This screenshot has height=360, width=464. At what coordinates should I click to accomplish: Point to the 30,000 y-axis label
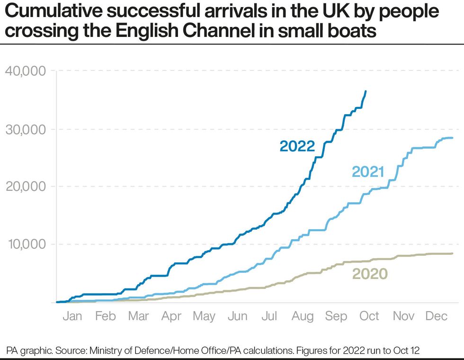25,129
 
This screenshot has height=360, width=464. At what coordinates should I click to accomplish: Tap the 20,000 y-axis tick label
25,186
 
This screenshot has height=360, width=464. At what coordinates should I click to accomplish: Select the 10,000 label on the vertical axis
25,244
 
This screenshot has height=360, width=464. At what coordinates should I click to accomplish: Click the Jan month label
72,316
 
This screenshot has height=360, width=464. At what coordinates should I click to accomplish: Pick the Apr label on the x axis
171,316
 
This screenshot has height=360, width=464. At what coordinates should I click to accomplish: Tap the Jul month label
270,316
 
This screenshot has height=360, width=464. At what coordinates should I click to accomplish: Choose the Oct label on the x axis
369,316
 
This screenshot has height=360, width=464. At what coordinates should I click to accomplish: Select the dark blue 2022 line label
297,146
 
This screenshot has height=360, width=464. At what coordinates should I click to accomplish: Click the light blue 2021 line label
367,172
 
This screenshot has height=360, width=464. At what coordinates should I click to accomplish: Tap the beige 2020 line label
370,274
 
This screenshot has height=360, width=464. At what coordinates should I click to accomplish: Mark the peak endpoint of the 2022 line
365,91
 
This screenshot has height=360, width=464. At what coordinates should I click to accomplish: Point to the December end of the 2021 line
452,138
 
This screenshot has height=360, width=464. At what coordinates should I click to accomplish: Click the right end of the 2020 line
452,253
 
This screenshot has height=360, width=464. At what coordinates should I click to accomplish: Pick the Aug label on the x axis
303,316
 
